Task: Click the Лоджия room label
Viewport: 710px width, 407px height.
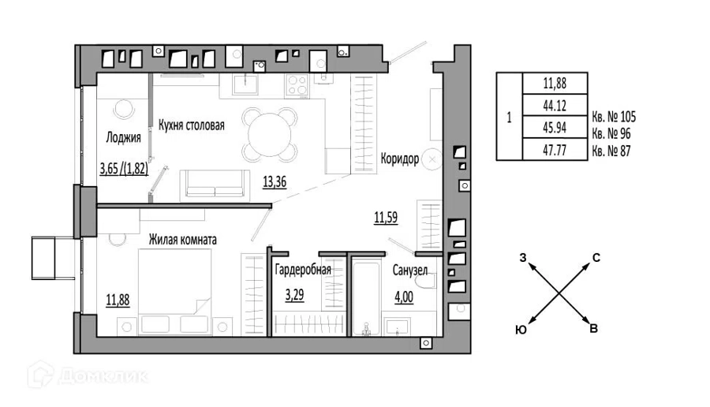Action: click(x=123, y=137)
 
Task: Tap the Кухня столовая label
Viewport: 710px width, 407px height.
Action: click(x=192, y=125)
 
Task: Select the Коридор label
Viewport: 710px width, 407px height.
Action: click(x=400, y=159)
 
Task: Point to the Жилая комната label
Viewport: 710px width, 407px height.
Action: click(x=183, y=240)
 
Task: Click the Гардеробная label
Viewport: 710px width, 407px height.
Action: click(x=303, y=270)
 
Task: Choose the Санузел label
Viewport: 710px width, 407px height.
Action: click(x=409, y=271)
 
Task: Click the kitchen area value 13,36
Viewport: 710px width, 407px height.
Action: click(x=275, y=182)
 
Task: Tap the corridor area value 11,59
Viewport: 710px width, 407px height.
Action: click(x=386, y=218)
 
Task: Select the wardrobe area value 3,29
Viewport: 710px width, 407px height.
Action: click(x=294, y=295)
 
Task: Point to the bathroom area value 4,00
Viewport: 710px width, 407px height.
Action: click(x=404, y=297)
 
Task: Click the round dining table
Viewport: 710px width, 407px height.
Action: click(x=270, y=134)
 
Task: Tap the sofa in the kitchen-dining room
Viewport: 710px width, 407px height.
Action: click(x=215, y=185)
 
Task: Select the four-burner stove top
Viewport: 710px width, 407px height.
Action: click(x=297, y=85)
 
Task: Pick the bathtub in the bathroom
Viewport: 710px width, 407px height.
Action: click(x=366, y=297)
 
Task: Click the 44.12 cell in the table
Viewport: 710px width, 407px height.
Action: click(x=555, y=106)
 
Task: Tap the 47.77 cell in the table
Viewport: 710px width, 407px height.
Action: click(x=555, y=150)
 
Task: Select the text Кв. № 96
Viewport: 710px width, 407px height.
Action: click(x=611, y=134)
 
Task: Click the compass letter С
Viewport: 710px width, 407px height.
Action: click(x=596, y=258)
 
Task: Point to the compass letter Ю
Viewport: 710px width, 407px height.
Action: click(x=521, y=330)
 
